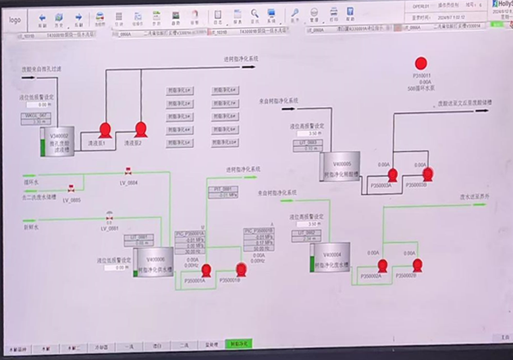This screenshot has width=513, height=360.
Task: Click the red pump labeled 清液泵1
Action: [x=105, y=129]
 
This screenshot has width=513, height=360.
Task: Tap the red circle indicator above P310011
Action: [x=420, y=63]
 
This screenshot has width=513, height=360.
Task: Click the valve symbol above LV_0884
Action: [x=128, y=172]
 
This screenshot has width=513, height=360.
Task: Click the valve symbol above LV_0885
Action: [x=70, y=189]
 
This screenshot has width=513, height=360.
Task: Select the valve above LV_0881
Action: [x=109, y=217]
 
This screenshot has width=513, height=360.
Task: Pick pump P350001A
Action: [x=207, y=269]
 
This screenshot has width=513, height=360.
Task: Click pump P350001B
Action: [x=241, y=268]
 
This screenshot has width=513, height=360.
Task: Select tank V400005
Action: [x=342, y=166]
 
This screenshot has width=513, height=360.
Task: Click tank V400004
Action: [x=333, y=258]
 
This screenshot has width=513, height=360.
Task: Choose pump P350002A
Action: [x=382, y=265]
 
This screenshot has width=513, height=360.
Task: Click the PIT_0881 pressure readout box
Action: [x=223, y=192]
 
